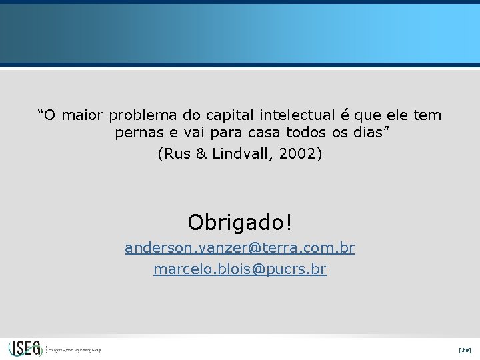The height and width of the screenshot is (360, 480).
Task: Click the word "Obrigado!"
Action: [240, 221]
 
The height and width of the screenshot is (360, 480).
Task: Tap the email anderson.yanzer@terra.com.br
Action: [240, 248]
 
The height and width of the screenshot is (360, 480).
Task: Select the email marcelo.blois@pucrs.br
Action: [240, 269]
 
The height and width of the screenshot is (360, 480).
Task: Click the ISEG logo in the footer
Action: [25, 349]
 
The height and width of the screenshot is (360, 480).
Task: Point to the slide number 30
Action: [465, 349]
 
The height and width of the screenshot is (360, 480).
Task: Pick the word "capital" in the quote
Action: [218, 115]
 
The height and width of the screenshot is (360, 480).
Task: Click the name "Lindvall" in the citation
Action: [243, 154]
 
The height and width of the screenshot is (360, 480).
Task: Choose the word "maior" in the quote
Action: [84, 115]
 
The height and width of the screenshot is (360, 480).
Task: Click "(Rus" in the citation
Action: [175, 154]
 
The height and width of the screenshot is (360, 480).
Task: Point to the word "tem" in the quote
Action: [427, 115]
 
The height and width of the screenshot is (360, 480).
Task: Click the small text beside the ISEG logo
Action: [74, 349]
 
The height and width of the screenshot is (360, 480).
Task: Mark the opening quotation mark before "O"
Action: [41, 112]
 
